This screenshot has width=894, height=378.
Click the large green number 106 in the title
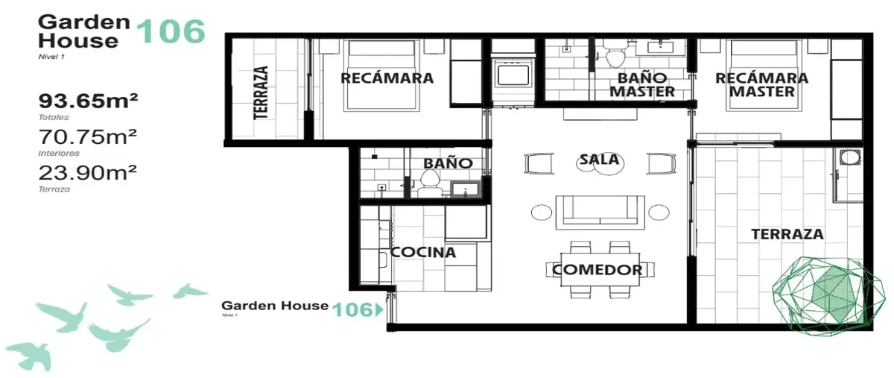click(x=171, y=32)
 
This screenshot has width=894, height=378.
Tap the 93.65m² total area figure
click(x=88, y=101)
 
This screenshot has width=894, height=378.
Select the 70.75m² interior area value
click(x=88, y=136)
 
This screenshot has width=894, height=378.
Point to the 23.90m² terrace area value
click(x=88, y=173)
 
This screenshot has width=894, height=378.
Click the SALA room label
click(x=600, y=160)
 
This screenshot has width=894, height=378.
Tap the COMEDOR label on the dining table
click(x=597, y=270)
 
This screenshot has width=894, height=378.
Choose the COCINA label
click(x=423, y=252)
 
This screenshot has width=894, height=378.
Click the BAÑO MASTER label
click(x=642, y=85)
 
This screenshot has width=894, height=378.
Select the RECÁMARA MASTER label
click(x=762, y=85)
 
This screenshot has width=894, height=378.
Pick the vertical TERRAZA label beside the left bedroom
click(x=261, y=92)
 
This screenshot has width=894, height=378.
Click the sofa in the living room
click(x=600, y=212)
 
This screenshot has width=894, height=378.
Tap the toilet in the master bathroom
click(x=615, y=54)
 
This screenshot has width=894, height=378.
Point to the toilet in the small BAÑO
click(x=429, y=183)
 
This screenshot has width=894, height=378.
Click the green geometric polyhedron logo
click(x=828, y=297)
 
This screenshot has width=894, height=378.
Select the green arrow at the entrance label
click(x=379, y=309)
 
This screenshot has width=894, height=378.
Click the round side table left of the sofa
click(x=541, y=212)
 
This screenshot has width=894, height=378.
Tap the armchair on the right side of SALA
click(x=662, y=163)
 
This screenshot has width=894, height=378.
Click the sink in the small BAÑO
click(x=465, y=189)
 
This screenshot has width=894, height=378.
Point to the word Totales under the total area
click(x=54, y=118)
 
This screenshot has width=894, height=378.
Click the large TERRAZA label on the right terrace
click(x=787, y=234)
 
